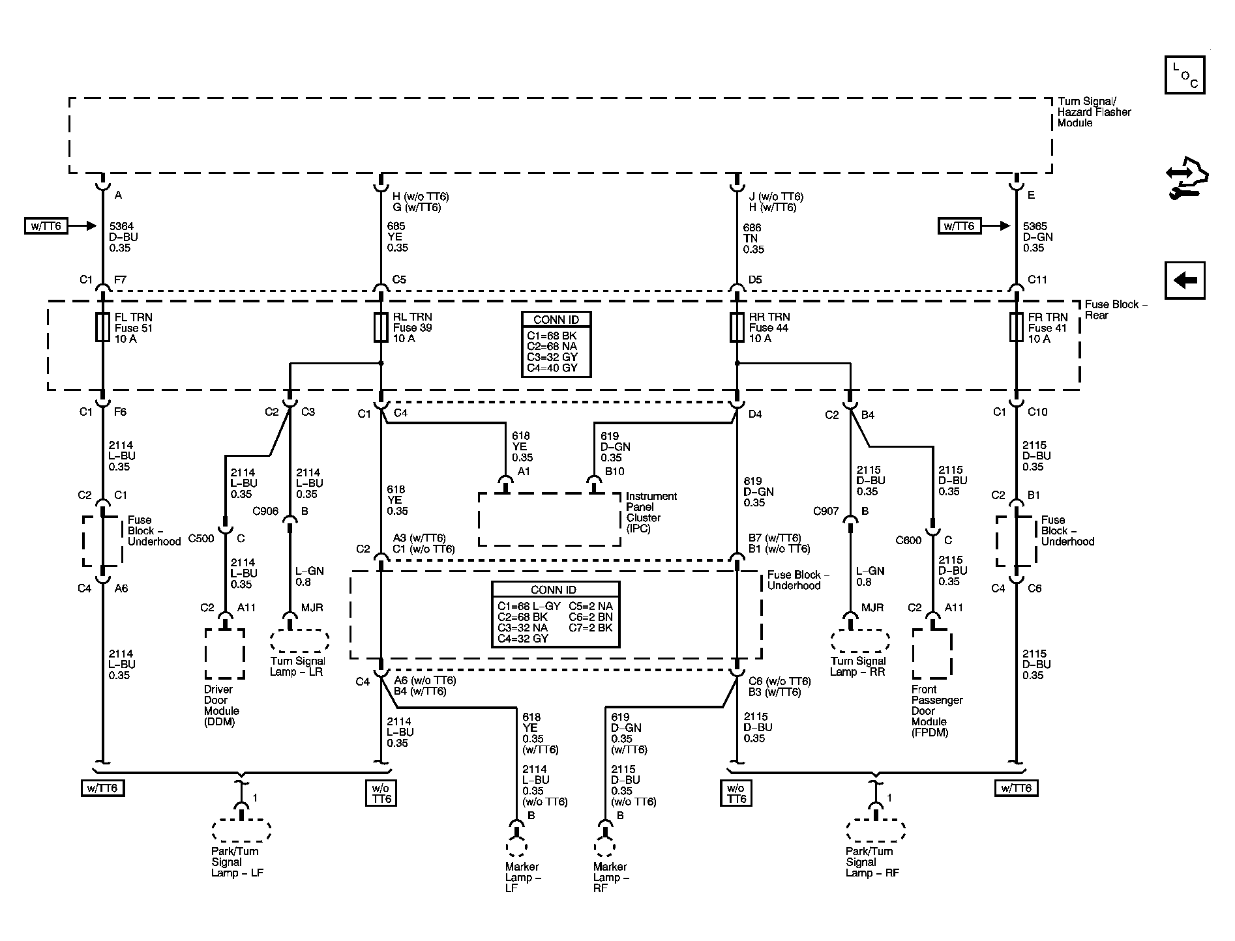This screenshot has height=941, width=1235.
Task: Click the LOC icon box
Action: point(1185,75)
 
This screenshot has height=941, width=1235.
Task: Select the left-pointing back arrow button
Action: point(1185,280)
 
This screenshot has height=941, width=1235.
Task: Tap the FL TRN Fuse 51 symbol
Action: point(102,327)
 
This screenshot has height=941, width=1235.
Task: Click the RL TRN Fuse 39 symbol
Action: point(381,327)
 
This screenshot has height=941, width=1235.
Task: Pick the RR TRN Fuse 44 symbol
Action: point(737,327)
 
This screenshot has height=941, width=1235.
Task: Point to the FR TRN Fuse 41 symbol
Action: point(1016,327)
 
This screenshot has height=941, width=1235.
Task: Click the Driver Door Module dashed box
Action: point(225,654)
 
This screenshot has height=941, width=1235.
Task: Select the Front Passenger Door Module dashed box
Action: point(932,654)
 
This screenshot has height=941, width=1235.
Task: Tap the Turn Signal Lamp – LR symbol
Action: point(299,641)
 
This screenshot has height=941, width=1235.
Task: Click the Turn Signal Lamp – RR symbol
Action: point(859,641)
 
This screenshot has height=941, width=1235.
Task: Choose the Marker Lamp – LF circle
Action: point(516,846)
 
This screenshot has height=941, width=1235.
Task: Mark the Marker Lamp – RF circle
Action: point(605,846)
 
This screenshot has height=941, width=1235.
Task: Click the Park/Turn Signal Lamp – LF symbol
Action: point(241,830)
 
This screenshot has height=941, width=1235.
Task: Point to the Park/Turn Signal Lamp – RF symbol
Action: point(876,830)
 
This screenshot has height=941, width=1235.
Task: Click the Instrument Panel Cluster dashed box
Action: point(550,519)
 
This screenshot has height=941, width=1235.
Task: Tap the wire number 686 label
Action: point(752,228)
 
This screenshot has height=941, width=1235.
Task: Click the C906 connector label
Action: point(265,512)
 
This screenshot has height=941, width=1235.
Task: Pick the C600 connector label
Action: point(908,540)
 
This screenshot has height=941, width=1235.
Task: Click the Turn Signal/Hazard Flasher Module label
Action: point(1094,112)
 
